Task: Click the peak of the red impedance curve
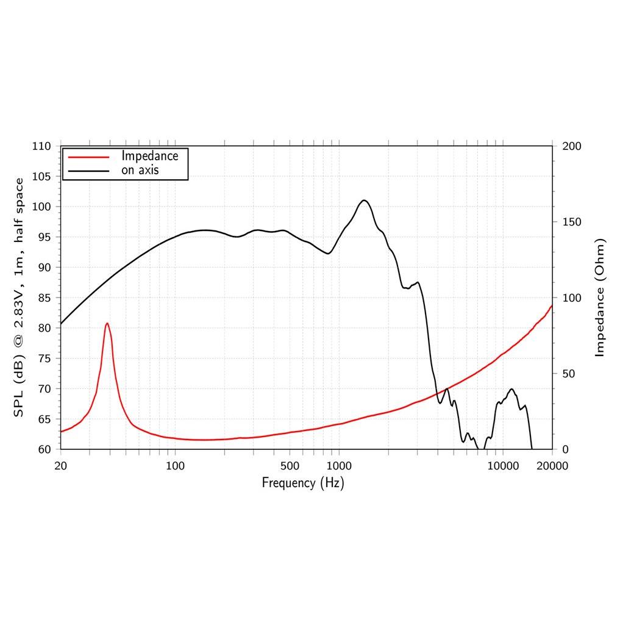107,324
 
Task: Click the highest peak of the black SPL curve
364,201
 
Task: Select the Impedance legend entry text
149,156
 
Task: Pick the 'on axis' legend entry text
140,170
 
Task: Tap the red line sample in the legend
88,157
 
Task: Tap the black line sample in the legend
88,171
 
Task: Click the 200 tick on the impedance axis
572,146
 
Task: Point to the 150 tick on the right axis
572,222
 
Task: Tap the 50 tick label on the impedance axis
569,374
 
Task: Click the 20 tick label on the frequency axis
60,466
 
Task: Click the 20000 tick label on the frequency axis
552,466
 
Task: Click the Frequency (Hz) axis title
303,483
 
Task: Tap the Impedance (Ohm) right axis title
600,298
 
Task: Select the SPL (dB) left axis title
19,298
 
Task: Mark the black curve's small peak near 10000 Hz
511,389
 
